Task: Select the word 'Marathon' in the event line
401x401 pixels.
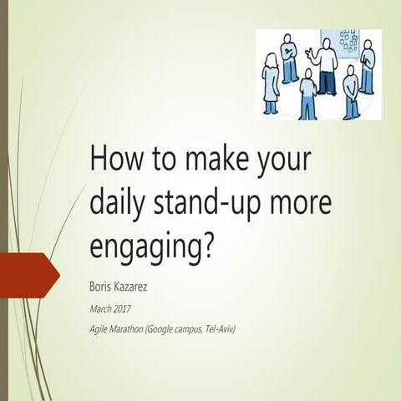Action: (x=133, y=329)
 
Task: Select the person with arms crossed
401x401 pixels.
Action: (x=289, y=58)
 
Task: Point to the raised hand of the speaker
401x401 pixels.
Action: (x=310, y=55)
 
